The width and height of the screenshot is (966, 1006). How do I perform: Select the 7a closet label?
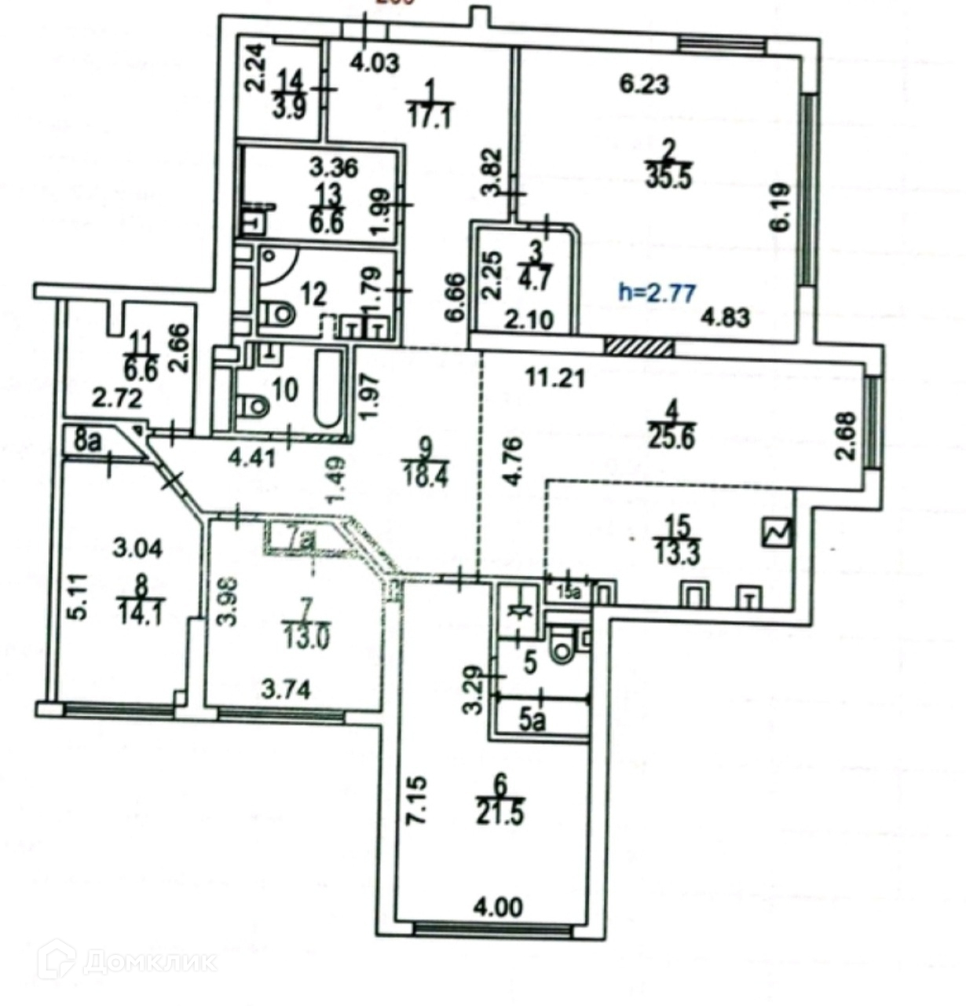point(298,538)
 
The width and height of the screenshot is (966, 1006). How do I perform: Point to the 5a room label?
point(532,720)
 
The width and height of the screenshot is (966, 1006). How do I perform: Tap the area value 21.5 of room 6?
point(500,810)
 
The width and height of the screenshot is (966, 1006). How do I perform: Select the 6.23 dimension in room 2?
point(644,83)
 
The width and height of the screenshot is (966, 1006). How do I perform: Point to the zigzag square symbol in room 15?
point(778,534)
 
